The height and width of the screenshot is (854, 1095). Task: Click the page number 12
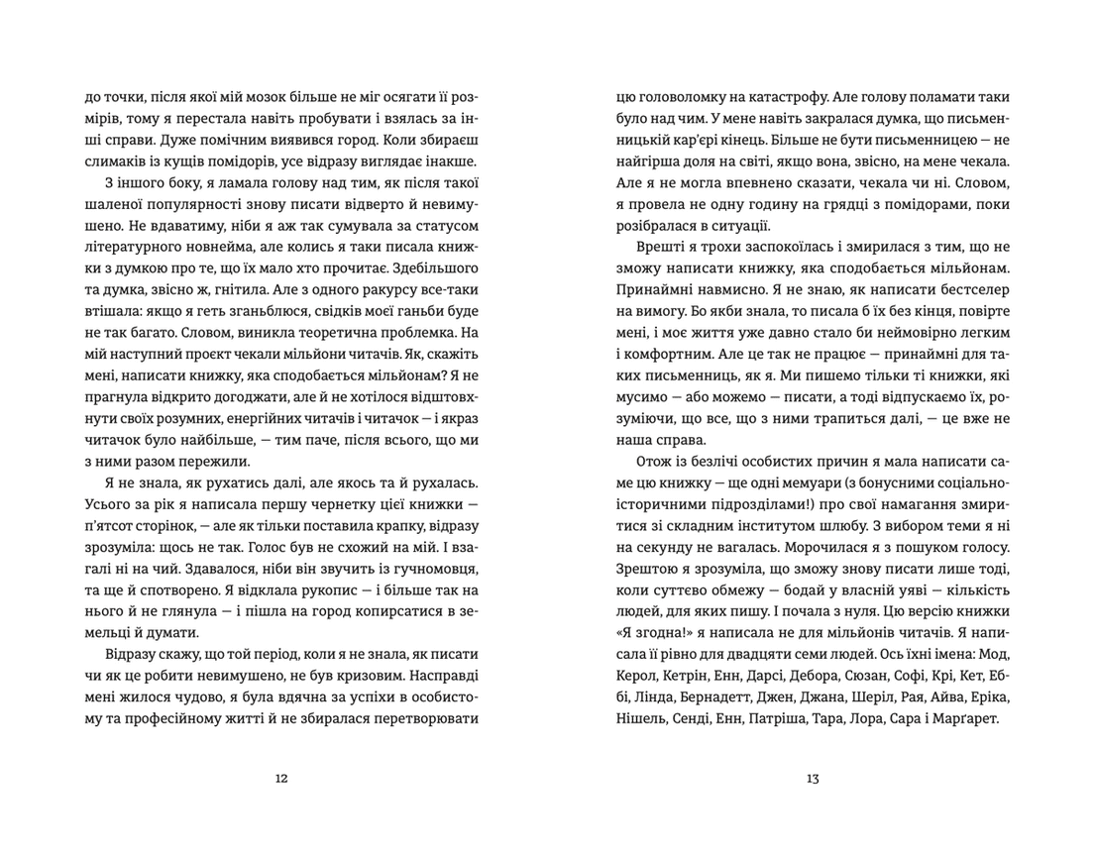pos(280,778)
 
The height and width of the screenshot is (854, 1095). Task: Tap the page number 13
pos(813,778)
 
